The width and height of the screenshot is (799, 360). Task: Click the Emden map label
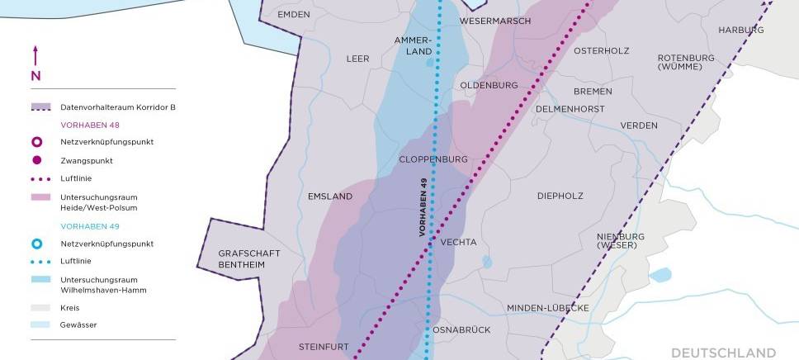pyautogui.click(x=293, y=15)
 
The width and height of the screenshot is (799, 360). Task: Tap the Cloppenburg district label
pyautogui.click(x=433, y=159)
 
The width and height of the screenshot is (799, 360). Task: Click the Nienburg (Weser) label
pyautogui.click(x=621, y=240)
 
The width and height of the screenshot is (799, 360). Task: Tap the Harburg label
pyautogui.click(x=741, y=30)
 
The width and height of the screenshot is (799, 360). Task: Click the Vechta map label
pyautogui.click(x=460, y=242)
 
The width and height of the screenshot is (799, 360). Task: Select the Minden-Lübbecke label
pyautogui.click(x=547, y=307)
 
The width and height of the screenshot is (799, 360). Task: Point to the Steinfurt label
pyautogui.click(x=324, y=347)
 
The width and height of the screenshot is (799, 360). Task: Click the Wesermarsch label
pyautogui.click(x=495, y=21)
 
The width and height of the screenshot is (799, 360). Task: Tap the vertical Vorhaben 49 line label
pyautogui.click(x=423, y=210)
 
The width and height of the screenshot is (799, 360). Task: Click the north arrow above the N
pyautogui.click(x=35, y=56)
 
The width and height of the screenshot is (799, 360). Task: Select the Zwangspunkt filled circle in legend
pyautogui.click(x=36, y=160)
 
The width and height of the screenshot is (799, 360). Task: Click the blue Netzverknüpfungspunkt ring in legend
pyautogui.click(x=36, y=244)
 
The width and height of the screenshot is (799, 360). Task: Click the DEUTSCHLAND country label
pyautogui.click(x=723, y=352)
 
